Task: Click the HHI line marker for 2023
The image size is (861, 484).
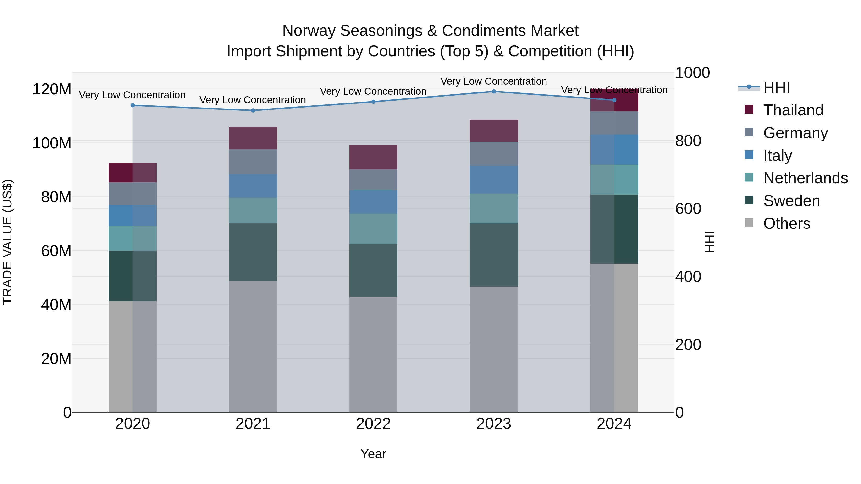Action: pyautogui.click(x=494, y=92)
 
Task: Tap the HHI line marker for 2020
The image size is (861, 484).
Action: pyautogui.click(x=133, y=105)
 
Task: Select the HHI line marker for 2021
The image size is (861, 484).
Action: pyautogui.click(x=253, y=111)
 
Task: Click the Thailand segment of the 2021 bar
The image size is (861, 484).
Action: pyautogui.click(x=253, y=138)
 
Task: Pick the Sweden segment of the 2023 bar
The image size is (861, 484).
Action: pyautogui.click(x=494, y=255)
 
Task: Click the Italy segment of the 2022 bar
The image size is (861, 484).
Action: pyautogui.click(x=373, y=202)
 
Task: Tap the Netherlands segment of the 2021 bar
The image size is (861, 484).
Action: pyautogui.click(x=253, y=210)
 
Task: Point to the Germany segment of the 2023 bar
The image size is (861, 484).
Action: pyautogui.click(x=494, y=154)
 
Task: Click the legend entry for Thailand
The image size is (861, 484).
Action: pyautogui.click(x=793, y=110)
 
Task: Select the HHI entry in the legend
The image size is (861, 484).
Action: pyautogui.click(x=776, y=87)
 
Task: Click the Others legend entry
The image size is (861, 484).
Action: pyautogui.click(x=786, y=223)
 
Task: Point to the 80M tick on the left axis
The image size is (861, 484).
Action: pyautogui.click(x=56, y=197)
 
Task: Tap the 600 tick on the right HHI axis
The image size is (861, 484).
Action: pyautogui.click(x=688, y=209)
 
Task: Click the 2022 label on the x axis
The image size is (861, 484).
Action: pyautogui.click(x=373, y=424)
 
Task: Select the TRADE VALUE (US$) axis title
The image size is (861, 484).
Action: pyautogui.click(x=7, y=242)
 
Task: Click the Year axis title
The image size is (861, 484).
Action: pyautogui.click(x=373, y=454)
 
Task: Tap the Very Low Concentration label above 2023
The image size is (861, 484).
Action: pyautogui.click(x=494, y=81)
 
